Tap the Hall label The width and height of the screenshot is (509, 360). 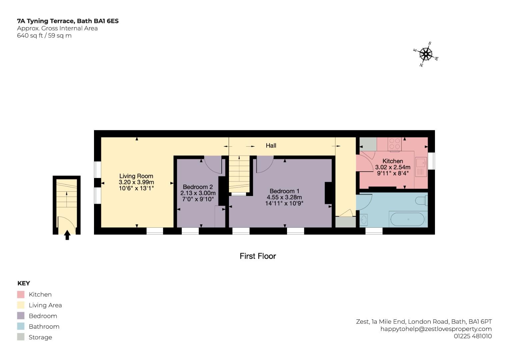coord(271,146)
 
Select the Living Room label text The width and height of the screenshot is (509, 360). coord(136,176)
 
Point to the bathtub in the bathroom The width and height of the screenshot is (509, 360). coord(407,219)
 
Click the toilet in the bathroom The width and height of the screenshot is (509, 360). coord(422,200)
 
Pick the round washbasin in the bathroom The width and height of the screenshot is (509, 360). coord(364,220)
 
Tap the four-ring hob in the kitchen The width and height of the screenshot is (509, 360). coord(395,144)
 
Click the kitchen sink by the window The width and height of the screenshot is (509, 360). coord(421,167)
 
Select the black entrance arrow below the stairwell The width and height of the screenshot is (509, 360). coord(67,235)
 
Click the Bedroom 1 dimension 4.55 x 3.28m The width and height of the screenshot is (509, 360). coord(284,197)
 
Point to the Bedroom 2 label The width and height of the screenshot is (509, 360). coord(198,187)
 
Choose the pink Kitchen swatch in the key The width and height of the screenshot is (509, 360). coord(21,295)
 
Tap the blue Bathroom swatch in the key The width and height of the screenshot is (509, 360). coord(21,326)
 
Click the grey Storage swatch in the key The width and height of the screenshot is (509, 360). coord(21,337)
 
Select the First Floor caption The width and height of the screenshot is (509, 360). coord(258,256)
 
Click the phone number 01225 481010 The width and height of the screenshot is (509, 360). coord(473,336)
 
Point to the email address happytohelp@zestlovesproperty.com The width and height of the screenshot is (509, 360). coord(436,329)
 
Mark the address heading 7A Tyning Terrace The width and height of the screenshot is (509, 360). coord(46,21)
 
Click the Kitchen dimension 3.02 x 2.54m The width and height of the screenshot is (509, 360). coord(393,167)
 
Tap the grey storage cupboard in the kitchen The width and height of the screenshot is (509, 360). coord(368,144)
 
